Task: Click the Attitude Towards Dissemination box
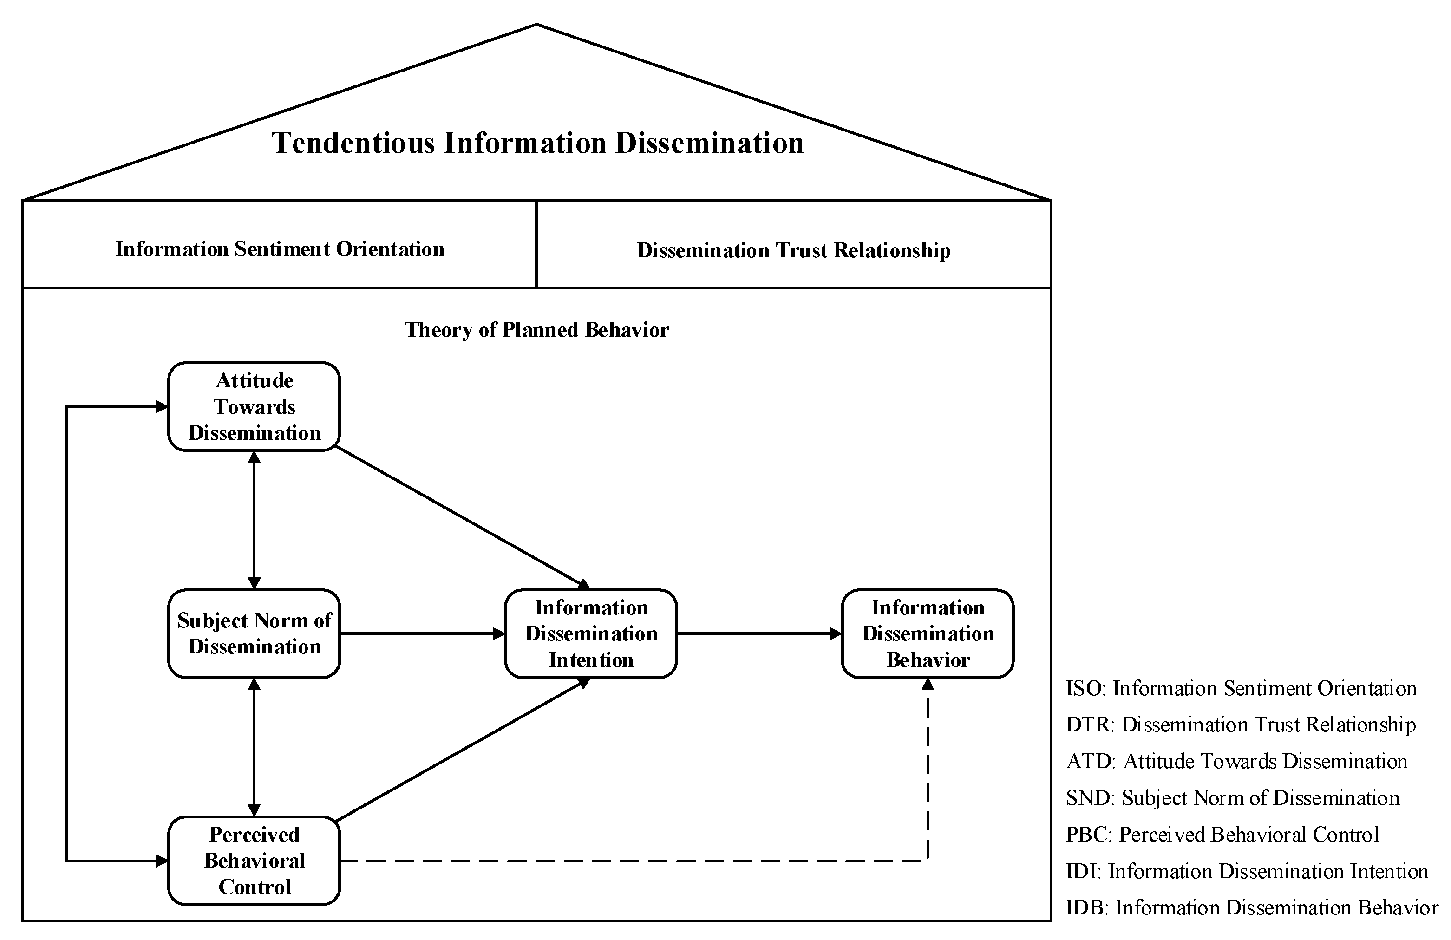tap(254, 406)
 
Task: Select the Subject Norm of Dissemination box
tap(254, 633)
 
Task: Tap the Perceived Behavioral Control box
tap(254, 860)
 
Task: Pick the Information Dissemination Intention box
tap(590, 633)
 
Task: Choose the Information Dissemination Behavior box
tap(927, 633)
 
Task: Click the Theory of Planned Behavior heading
tap(536, 330)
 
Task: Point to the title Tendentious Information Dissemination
tap(536, 143)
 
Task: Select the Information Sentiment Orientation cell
tap(279, 249)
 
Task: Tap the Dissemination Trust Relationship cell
tap(793, 250)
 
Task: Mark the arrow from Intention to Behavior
tap(759, 633)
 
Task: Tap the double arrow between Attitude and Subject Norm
tap(254, 520)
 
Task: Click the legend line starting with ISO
tap(1241, 688)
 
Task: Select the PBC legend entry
tap(1222, 834)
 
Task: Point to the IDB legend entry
tap(1251, 907)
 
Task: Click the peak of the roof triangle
tap(536, 25)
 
